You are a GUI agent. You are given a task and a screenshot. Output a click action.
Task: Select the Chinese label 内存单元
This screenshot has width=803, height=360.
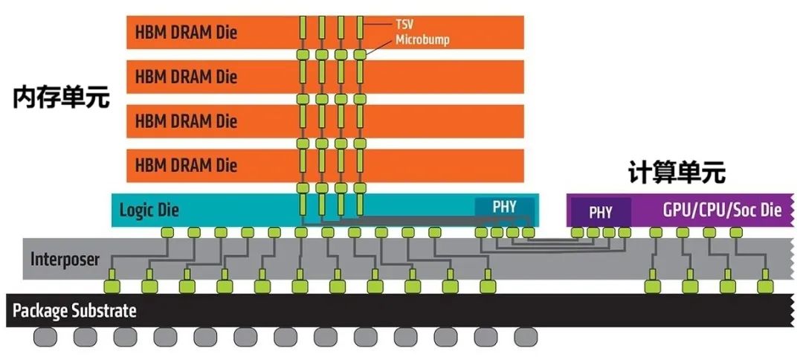(61, 98)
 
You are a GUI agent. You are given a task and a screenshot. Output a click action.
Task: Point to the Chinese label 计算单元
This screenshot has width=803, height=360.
(677, 173)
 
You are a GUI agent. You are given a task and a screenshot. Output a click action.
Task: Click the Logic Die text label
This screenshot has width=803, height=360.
(149, 211)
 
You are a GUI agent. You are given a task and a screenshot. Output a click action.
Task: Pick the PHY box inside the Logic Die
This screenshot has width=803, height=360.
(504, 206)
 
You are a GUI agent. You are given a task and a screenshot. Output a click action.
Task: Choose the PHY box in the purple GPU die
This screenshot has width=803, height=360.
(601, 212)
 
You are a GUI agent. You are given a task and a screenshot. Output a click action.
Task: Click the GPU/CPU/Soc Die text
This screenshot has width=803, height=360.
(722, 210)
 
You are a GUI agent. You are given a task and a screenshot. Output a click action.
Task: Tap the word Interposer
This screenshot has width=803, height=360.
(66, 259)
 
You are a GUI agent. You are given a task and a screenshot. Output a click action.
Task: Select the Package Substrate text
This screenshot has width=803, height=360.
(75, 310)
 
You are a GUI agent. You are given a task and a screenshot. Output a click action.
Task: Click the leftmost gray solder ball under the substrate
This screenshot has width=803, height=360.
(45, 337)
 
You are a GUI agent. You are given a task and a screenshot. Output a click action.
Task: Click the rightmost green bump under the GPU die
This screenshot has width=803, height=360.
(736, 233)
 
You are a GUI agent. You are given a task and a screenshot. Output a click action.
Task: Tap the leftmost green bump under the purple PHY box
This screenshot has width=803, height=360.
(577, 233)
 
